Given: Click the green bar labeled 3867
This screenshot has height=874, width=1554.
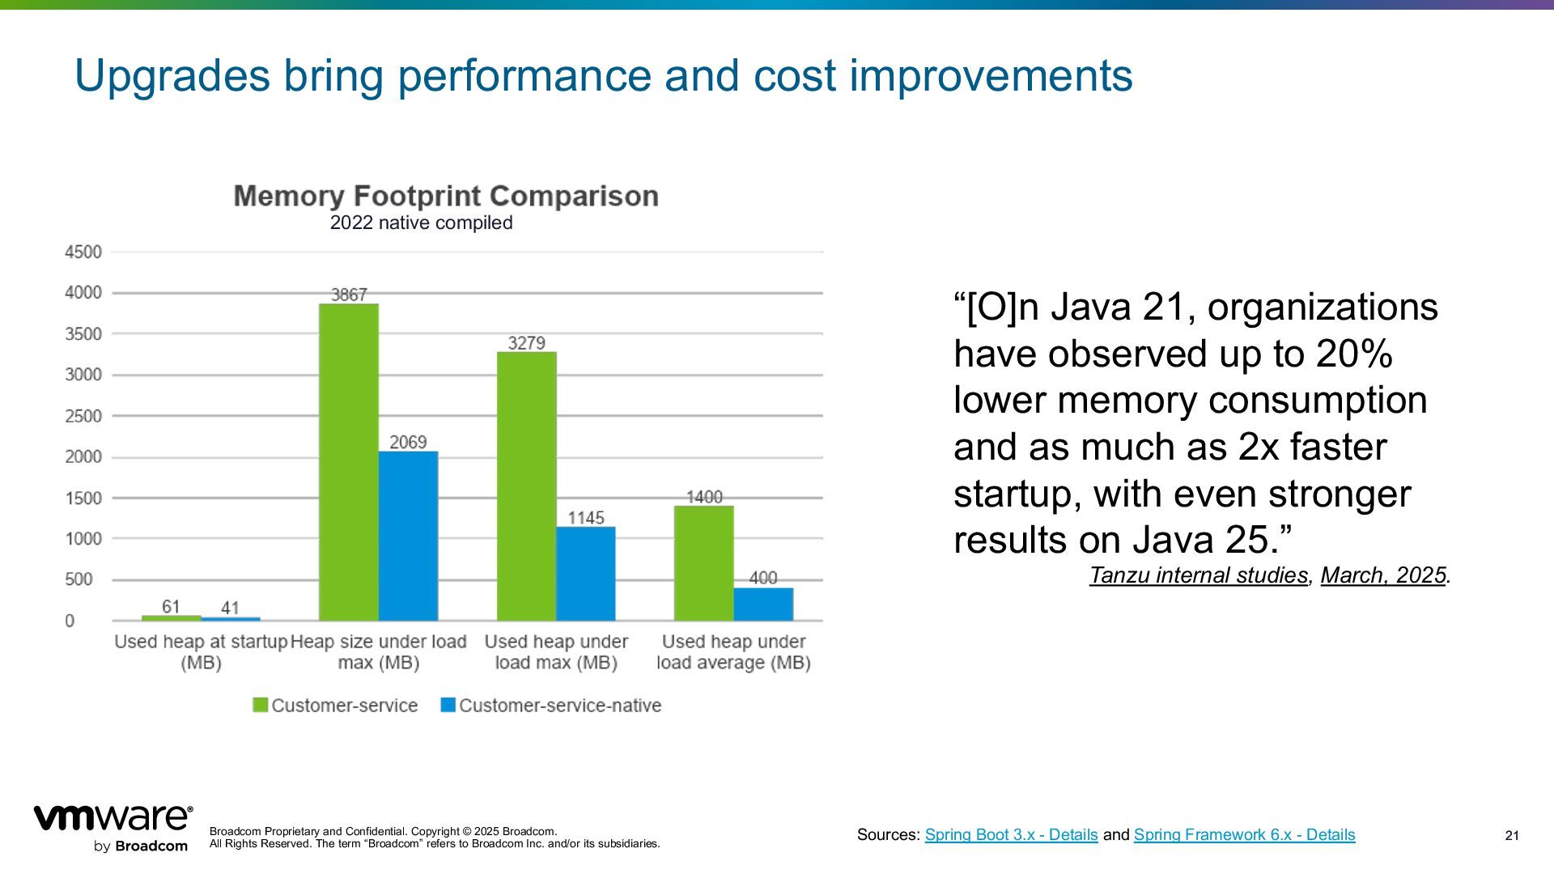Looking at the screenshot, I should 348,461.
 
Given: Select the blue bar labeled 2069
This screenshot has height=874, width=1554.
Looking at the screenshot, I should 408,536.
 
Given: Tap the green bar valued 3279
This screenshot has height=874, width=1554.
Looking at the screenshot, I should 526,486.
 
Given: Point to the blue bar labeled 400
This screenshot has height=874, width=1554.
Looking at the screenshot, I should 763,604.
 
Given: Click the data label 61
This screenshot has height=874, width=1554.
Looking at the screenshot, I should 171,607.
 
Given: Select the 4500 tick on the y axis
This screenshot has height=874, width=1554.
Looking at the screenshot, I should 83,252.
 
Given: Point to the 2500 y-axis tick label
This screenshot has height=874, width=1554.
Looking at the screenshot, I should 83,416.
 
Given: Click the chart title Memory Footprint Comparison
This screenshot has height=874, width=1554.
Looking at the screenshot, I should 446,196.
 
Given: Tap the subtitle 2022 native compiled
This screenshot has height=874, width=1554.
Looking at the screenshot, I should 421,223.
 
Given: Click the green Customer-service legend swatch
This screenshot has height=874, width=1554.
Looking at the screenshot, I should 260,705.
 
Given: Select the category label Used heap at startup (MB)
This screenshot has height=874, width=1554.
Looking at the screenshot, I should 201,652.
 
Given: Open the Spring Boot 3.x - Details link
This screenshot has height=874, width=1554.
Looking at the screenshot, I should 1011,834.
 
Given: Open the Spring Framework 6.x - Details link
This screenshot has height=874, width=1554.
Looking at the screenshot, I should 1244,834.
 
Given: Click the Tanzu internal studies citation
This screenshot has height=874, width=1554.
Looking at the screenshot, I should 1199,575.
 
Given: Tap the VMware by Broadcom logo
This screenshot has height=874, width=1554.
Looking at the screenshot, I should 113,828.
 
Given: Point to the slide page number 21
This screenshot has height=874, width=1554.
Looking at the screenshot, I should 1512,836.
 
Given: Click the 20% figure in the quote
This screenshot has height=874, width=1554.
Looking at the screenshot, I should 1354,354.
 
